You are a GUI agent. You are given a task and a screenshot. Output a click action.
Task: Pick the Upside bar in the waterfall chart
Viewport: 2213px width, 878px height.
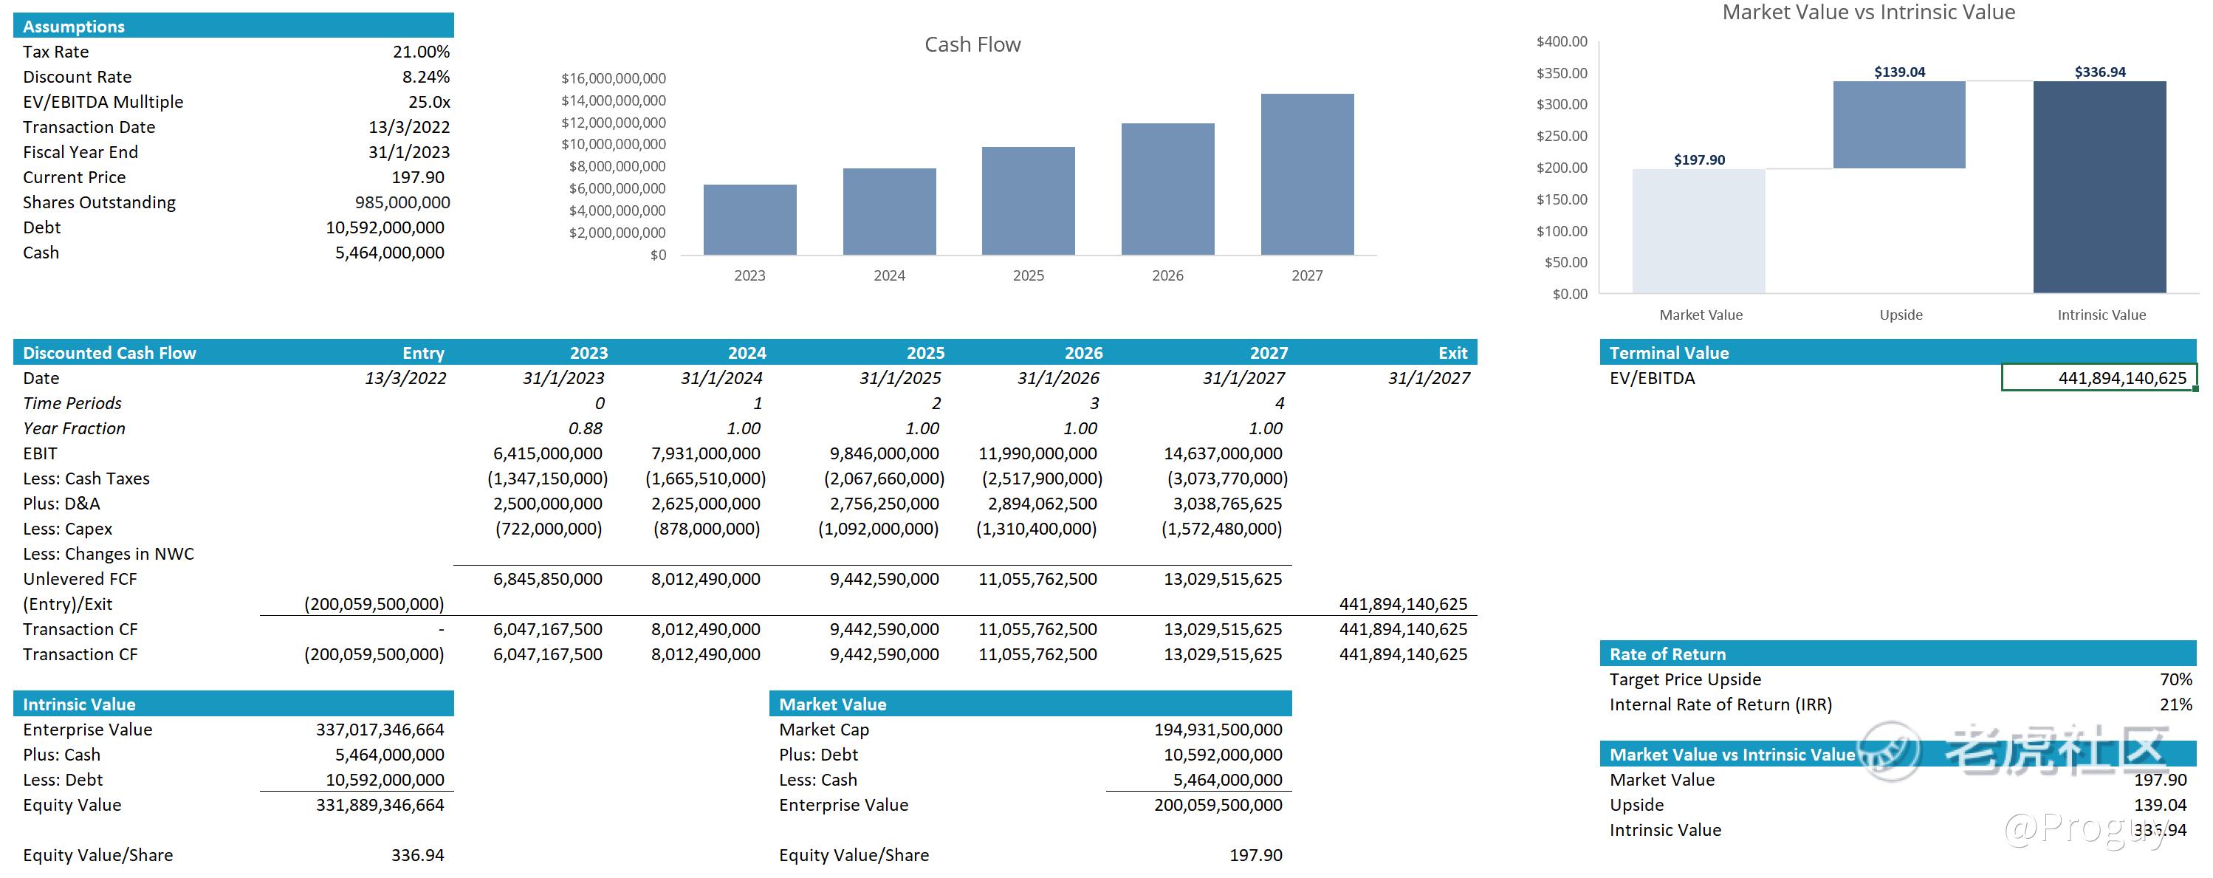(1898, 126)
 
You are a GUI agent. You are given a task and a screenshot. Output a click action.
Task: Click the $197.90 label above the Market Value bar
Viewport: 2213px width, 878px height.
(1698, 160)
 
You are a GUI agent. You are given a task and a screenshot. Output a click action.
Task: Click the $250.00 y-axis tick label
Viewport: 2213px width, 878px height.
(1561, 136)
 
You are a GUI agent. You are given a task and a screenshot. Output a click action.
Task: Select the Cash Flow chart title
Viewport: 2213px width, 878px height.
(972, 44)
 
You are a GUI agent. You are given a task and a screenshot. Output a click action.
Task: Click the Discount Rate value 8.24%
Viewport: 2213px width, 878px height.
(425, 78)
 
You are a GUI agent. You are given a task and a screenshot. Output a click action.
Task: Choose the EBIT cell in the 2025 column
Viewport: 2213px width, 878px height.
(884, 453)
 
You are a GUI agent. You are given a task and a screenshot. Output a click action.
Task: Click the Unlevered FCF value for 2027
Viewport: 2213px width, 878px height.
(1223, 579)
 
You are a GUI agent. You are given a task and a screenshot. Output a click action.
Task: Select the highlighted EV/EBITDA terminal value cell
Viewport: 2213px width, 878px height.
(2098, 378)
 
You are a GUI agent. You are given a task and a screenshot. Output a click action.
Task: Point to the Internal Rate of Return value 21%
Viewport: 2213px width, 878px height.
(2175, 704)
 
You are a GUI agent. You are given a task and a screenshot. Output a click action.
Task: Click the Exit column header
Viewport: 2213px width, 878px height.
(1452, 353)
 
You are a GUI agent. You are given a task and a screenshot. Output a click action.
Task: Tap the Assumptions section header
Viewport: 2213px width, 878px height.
(74, 27)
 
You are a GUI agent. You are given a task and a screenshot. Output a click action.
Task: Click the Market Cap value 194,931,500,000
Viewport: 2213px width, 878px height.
(1218, 730)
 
